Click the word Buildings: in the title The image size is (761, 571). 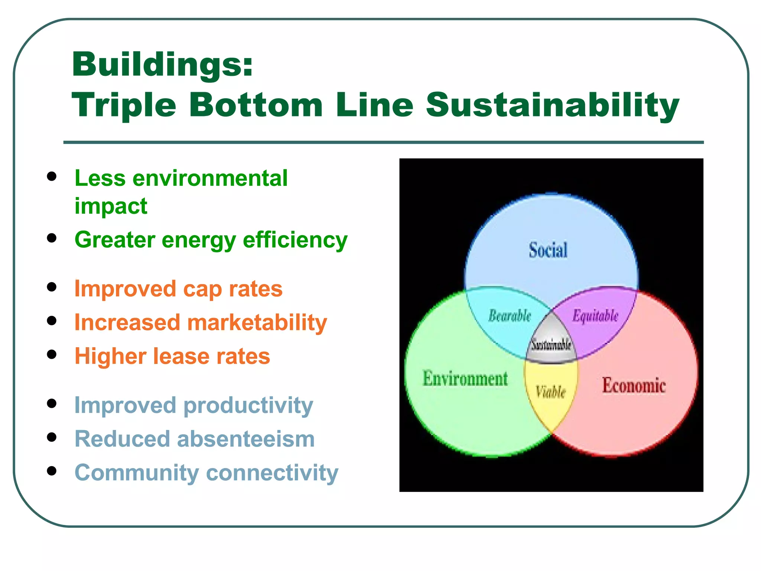tap(162, 65)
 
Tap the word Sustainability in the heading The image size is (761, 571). tap(553, 106)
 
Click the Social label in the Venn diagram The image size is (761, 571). tap(548, 250)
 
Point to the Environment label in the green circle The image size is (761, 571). tap(465, 379)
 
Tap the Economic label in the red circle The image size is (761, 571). tap(634, 385)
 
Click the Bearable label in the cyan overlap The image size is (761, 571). tap(509, 316)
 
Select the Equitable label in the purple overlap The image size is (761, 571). tap(595, 316)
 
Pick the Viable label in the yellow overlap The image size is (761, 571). tap(551, 392)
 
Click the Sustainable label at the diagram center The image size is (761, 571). tap(551, 345)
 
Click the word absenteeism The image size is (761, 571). tap(246, 439)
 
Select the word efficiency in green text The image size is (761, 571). tap(295, 240)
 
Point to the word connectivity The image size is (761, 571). tap(272, 473)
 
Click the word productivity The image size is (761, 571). tap(248, 405)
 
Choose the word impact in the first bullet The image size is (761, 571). tap(111, 206)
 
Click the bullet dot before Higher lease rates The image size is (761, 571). tap(52, 354)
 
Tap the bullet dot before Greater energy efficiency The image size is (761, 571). tap(52, 238)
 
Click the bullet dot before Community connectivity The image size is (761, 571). tap(52, 471)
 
